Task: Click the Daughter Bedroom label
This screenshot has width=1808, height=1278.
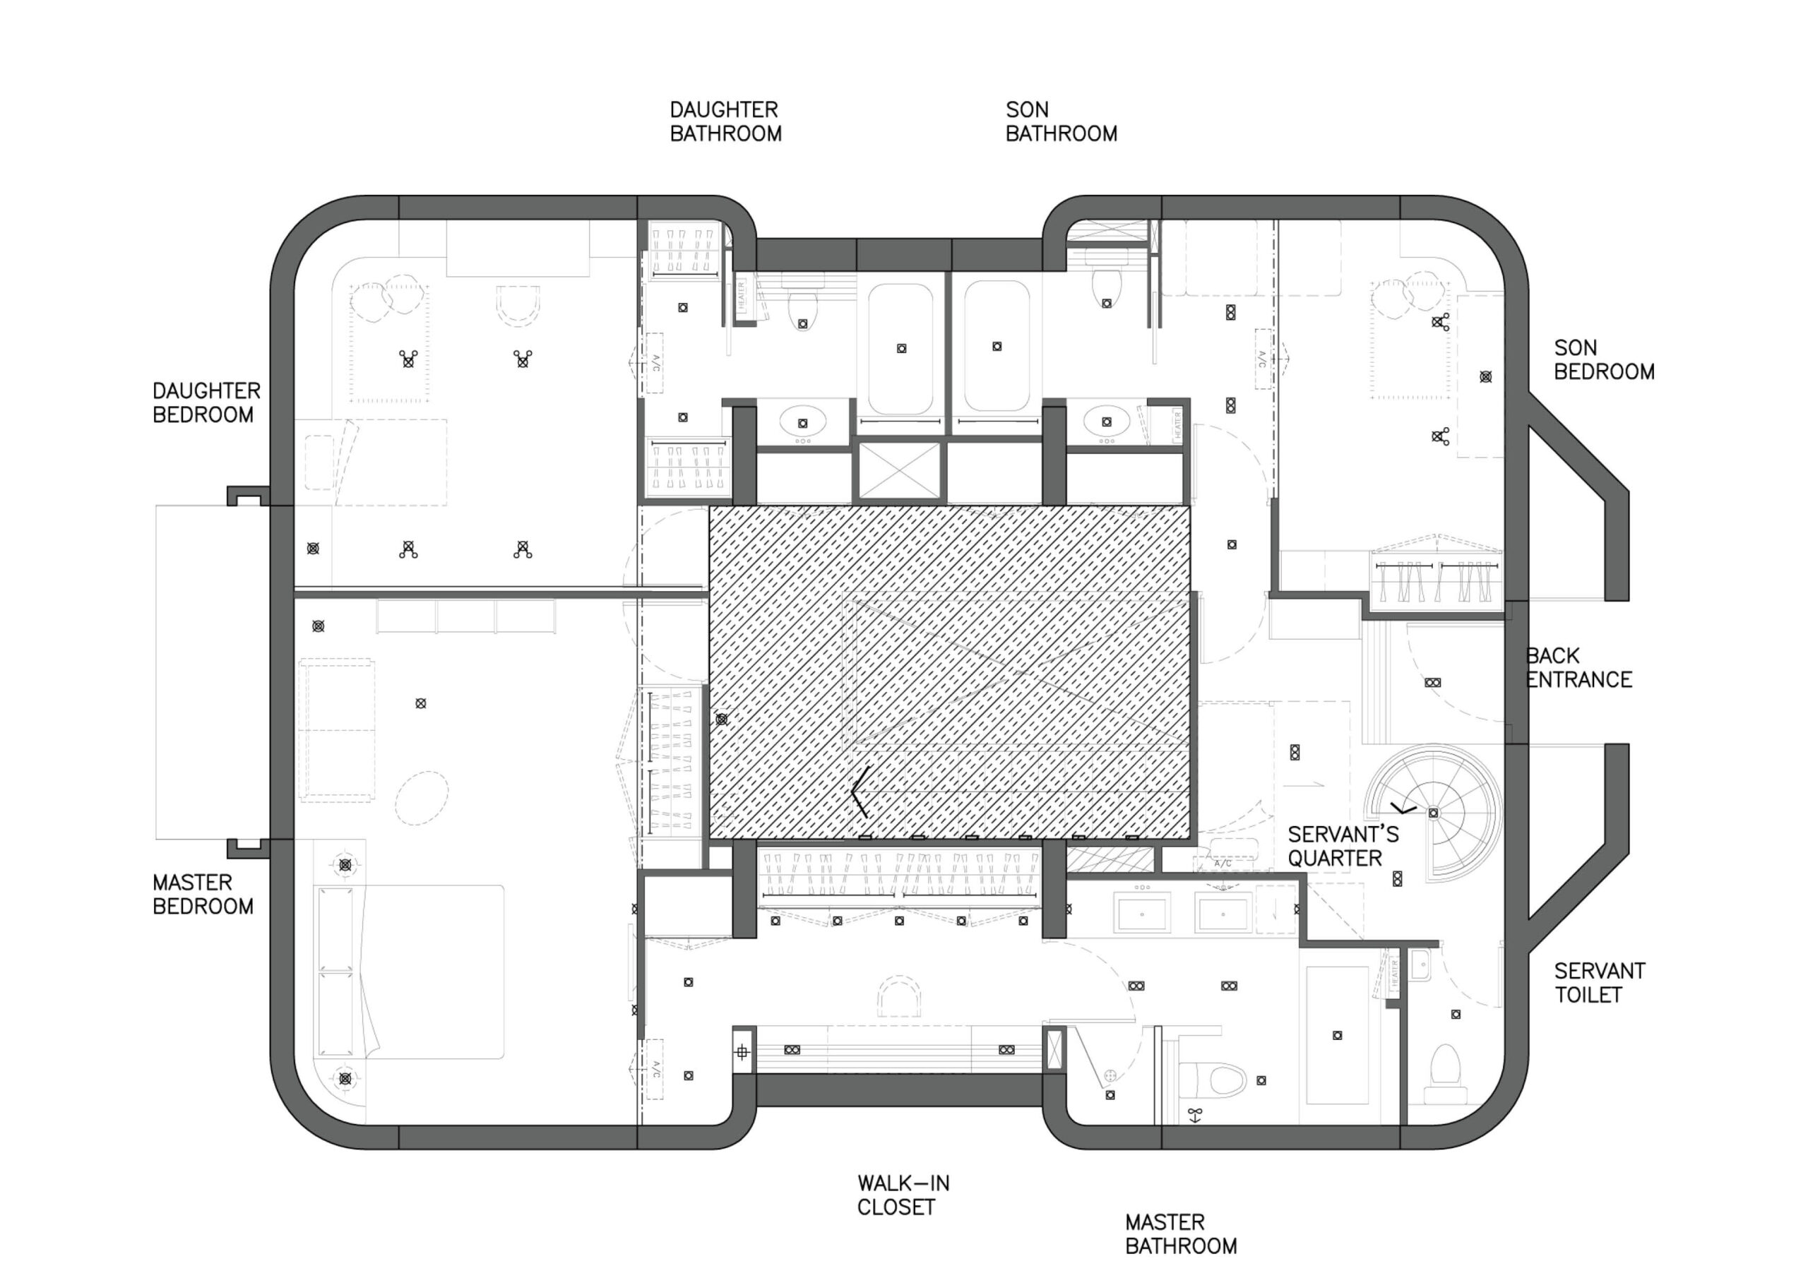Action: [x=206, y=402]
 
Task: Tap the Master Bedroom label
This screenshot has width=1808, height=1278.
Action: [x=203, y=894]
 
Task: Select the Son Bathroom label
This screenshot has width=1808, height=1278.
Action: [x=1061, y=122]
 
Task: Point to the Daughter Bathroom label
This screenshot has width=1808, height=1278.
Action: [x=725, y=122]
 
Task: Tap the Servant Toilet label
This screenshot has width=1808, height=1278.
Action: [x=1600, y=983]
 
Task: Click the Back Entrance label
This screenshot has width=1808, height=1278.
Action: [x=1579, y=668]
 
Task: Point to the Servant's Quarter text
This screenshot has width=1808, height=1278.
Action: [x=1343, y=847]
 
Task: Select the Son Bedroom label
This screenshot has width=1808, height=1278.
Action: [x=1604, y=359]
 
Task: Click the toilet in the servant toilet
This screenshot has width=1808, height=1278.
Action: [x=1445, y=1073]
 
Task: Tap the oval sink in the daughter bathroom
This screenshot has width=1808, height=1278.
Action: [x=803, y=422]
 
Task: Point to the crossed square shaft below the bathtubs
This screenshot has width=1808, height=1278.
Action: [x=899, y=470]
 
